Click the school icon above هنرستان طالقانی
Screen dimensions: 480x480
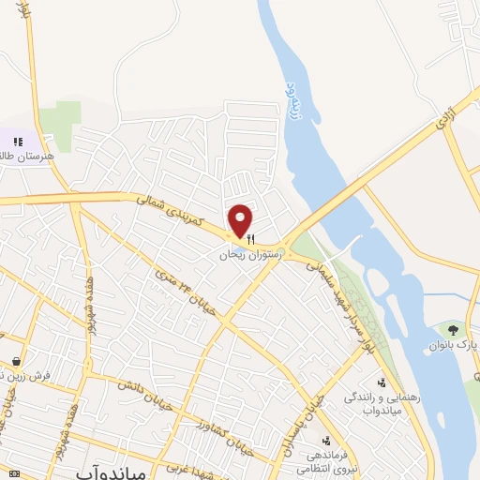click(17, 141)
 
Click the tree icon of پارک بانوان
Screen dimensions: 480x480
click(453, 329)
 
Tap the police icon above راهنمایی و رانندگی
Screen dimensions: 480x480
click(382, 382)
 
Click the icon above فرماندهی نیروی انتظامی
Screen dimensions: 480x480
click(325, 440)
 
